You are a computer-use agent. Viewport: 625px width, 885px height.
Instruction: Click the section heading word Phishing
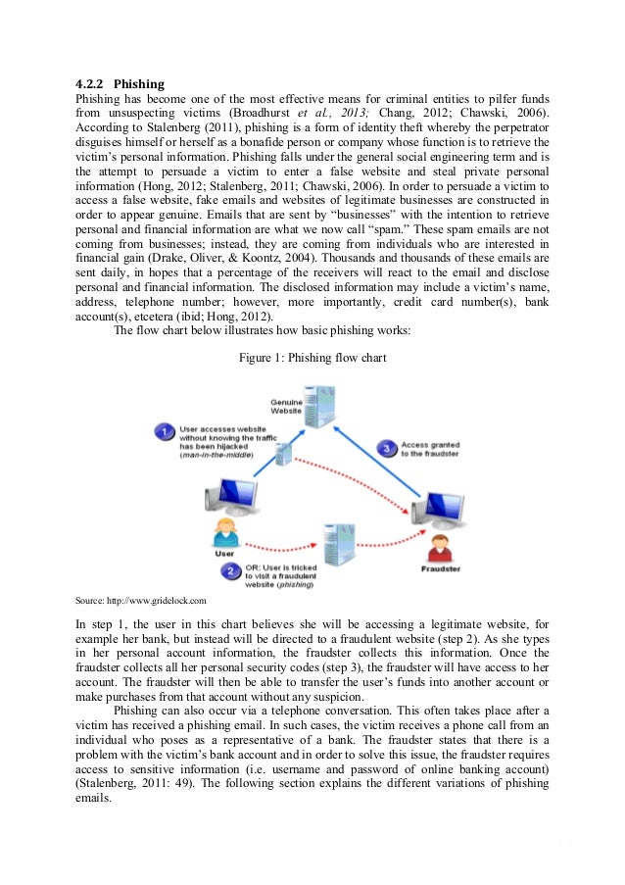point(139,83)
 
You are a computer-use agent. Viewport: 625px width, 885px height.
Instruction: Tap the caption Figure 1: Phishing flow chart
point(312,358)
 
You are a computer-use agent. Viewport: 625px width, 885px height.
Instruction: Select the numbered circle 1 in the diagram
point(166,431)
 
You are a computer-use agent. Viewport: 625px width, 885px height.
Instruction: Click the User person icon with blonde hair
point(223,532)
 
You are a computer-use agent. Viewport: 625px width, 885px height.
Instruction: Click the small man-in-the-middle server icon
point(284,455)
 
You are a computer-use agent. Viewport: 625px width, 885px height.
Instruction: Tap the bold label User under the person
point(223,554)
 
